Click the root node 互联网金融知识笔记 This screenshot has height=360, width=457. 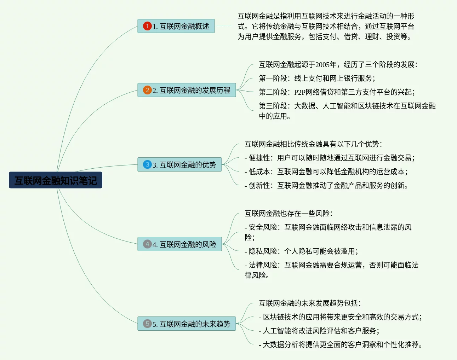[x=56, y=180]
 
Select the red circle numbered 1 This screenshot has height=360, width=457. [x=147, y=26]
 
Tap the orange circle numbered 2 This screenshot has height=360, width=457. [x=147, y=90]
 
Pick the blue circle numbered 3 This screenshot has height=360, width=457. [x=147, y=164]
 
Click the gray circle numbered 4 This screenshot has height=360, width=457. [x=147, y=244]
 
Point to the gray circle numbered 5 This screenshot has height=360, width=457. [x=147, y=324]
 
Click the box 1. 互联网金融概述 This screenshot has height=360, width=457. [x=176, y=26]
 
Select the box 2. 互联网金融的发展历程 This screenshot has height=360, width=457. [x=187, y=90]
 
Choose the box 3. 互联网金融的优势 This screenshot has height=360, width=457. [x=180, y=164]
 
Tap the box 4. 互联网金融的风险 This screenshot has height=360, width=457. [x=180, y=244]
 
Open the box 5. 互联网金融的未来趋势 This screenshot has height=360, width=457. [x=187, y=324]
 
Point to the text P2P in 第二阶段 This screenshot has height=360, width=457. [x=299, y=92]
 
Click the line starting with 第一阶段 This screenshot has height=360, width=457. [x=317, y=78]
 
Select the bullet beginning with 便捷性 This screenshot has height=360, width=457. [x=330, y=158]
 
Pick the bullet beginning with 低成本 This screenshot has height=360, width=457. [x=326, y=172]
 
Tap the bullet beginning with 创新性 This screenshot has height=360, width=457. [x=326, y=185]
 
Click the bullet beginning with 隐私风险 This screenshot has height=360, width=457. [x=301, y=251]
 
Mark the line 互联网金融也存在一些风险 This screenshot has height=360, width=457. [x=289, y=213]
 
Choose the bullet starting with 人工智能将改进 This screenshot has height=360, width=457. [x=319, y=331]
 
